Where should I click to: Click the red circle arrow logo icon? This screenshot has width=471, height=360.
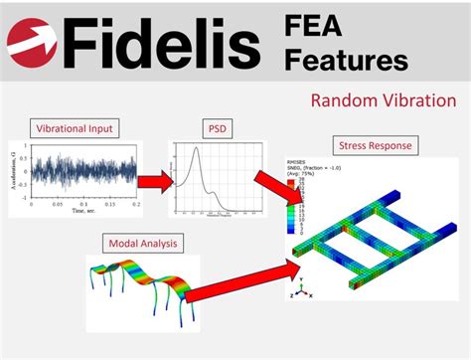pyautogui.click(x=31, y=42)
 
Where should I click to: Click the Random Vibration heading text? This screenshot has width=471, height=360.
pyautogui.click(x=383, y=100)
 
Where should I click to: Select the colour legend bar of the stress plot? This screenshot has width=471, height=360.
pyautogui.click(x=291, y=204)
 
